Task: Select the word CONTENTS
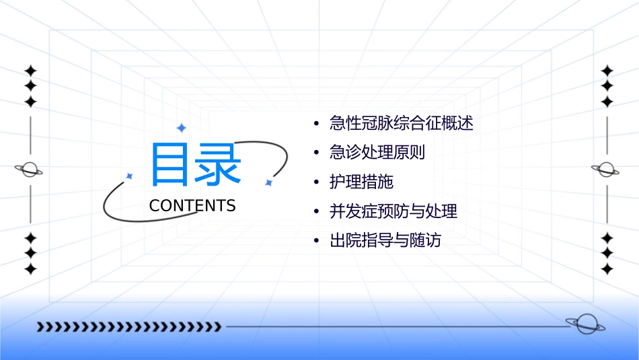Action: click(x=192, y=206)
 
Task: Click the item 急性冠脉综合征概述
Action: click(x=402, y=123)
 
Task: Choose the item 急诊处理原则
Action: click(x=377, y=153)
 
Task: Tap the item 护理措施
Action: click(x=361, y=182)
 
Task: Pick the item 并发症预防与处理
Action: click(x=393, y=211)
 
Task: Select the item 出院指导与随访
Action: click(x=385, y=241)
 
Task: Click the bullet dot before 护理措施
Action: click(x=316, y=182)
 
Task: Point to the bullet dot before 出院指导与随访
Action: click(x=316, y=241)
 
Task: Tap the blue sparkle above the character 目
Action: click(x=180, y=127)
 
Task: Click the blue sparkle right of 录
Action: click(x=268, y=182)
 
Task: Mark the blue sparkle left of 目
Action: click(x=130, y=176)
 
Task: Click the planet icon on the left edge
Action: click(x=30, y=170)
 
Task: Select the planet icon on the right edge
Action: click(x=607, y=170)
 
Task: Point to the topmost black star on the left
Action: click(x=30, y=70)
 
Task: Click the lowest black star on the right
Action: click(x=607, y=269)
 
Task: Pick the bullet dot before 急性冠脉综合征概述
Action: click(x=316, y=124)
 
